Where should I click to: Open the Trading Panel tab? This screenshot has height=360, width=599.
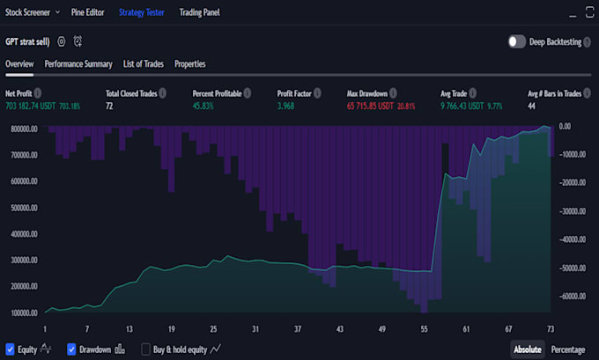tap(200, 13)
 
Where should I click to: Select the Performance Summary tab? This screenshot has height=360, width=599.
tap(78, 64)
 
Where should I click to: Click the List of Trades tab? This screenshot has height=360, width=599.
tap(144, 64)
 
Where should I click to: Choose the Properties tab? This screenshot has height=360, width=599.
tap(190, 64)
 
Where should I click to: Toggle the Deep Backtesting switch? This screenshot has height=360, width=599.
tap(517, 41)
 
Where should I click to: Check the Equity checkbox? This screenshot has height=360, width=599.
tap(11, 349)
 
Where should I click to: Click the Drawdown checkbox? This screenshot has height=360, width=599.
tap(72, 349)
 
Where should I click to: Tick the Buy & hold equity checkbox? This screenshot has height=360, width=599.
tap(146, 349)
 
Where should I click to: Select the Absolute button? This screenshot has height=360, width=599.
tap(528, 349)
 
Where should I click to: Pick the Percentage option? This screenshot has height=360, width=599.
tap(568, 349)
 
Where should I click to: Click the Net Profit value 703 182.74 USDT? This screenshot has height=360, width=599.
tap(31, 106)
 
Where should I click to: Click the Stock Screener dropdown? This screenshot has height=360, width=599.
tap(33, 13)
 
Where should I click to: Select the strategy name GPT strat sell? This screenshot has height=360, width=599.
tap(27, 41)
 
